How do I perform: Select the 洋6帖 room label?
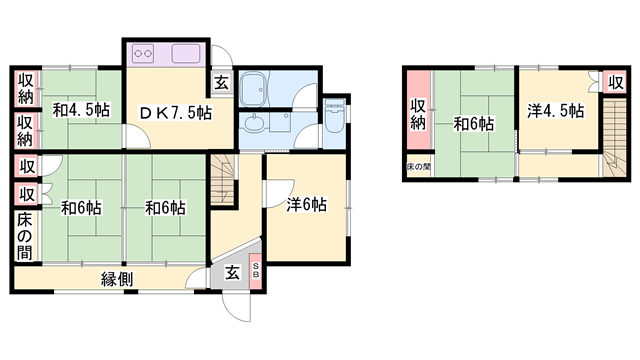[305, 205]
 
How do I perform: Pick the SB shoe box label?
[256, 270]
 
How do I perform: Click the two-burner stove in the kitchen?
[143, 54]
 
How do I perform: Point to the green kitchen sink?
[186, 54]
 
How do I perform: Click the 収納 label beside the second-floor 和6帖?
[418, 116]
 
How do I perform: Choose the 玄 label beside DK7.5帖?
[222, 85]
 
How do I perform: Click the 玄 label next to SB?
[231, 271]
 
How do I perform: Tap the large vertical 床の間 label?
[24, 237]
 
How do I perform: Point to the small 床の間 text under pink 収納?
[418, 165]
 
